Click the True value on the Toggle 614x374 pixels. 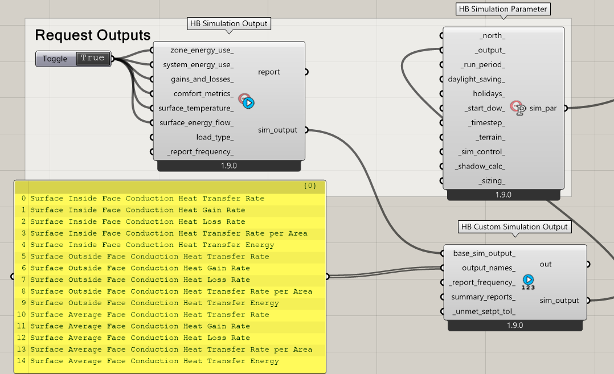[93, 58]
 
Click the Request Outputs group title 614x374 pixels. [93, 35]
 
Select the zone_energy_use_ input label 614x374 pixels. [202, 50]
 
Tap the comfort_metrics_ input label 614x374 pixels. [203, 93]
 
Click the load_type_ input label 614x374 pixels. [215, 137]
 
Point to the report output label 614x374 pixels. [269, 72]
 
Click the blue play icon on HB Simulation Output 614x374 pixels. [248, 103]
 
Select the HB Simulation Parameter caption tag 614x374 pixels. [503, 9]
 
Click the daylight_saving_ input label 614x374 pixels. [476, 79]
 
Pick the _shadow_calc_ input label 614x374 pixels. [480, 166]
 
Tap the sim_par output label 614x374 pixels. [543, 108]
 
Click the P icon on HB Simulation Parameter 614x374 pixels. [519, 109]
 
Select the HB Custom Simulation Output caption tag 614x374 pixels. [514, 227]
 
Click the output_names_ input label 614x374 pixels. [488, 268]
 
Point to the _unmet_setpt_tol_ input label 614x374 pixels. [484, 311]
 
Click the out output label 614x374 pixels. [546, 265]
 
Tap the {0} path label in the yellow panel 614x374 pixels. [310, 186]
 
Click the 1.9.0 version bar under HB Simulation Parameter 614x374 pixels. [503, 195]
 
